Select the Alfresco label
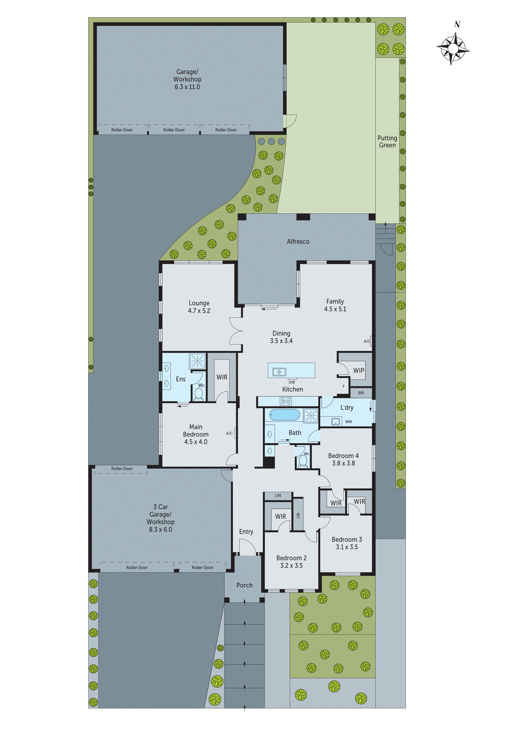(x=298, y=242)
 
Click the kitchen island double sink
(x=279, y=372)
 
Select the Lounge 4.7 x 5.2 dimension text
(x=199, y=311)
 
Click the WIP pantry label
(x=359, y=371)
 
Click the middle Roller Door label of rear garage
(x=174, y=130)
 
